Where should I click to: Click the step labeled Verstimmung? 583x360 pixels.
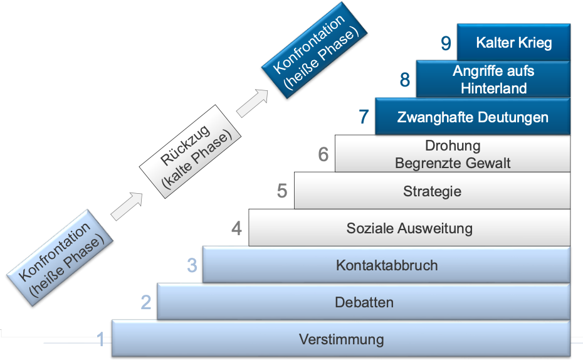click(341, 339)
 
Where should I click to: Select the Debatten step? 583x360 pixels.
click(364, 302)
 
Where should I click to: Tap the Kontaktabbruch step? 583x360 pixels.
click(386, 265)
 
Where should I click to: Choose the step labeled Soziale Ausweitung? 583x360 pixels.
click(409, 228)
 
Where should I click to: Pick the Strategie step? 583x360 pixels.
click(432, 191)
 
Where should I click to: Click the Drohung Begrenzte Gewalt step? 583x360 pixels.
click(453, 154)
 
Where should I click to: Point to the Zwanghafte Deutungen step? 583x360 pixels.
click(473, 117)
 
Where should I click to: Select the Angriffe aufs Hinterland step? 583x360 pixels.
click(493, 79)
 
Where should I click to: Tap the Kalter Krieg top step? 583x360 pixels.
click(513, 42)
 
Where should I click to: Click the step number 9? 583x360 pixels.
click(446, 43)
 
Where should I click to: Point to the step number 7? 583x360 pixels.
click(364, 117)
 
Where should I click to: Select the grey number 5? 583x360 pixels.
click(282, 191)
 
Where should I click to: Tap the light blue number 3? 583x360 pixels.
click(192, 265)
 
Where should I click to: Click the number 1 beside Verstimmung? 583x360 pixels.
click(100, 339)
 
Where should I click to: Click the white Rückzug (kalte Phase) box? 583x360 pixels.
click(190, 151)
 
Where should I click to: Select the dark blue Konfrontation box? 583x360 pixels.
click(314, 50)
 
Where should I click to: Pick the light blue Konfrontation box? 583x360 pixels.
click(60, 258)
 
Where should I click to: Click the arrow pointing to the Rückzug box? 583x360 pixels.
click(127, 206)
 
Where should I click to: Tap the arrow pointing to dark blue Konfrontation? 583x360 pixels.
click(252, 103)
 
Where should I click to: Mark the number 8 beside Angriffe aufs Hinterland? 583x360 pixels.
click(405, 80)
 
